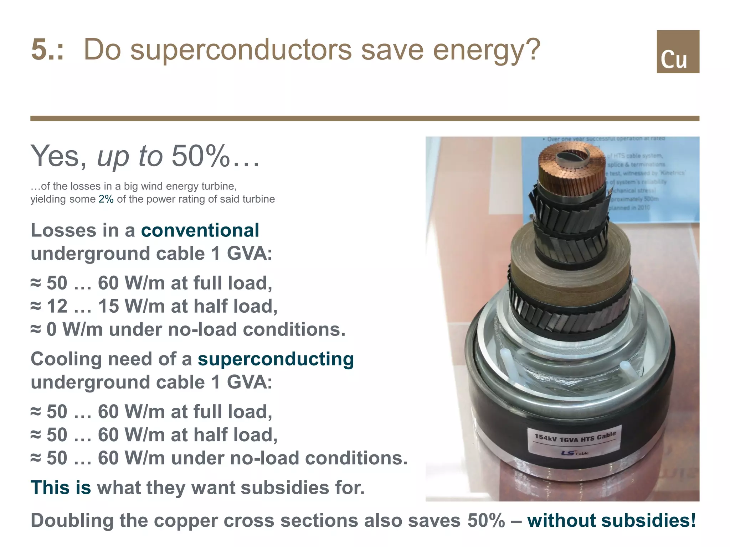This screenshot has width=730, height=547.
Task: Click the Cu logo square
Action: [678, 52]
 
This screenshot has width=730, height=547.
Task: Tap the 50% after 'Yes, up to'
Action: [200, 156]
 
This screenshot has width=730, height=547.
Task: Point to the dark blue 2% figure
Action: [106, 199]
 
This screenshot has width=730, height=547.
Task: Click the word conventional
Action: [200, 230]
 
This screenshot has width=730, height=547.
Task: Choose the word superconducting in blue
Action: [276, 359]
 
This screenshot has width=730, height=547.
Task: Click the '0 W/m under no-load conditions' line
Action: [188, 329]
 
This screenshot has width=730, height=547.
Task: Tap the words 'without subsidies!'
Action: [611, 520]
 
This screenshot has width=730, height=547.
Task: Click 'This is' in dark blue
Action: [61, 488]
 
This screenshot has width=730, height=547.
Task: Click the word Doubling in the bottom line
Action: [72, 520]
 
